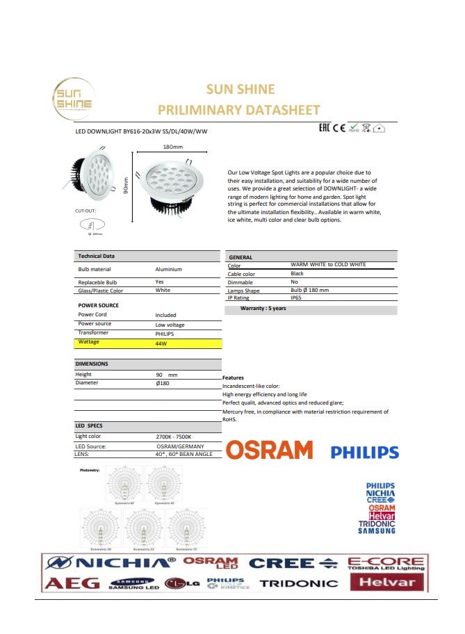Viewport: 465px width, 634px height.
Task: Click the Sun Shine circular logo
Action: pyautogui.click(x=73, y=99)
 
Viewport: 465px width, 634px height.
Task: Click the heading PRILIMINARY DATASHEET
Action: pyautogui.click(x=239, y=110)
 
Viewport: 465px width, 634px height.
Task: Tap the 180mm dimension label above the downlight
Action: pyautogui.click(x=172, y=147)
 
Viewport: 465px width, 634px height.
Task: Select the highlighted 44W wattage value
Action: pyautogui.click(x=161, y=343)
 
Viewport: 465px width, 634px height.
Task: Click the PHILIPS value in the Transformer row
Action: pyautogui.click(x=165, y=334)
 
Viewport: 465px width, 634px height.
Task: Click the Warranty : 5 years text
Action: pyautogui.click(x=263, y=308)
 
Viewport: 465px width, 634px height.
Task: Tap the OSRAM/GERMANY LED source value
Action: pyautogui.click(x=174, y=446)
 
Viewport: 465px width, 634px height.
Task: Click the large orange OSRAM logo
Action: pyautogui.click(x=269, y=450)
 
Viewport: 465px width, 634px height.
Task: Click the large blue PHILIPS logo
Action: pyautogui.click(x=364, y=453)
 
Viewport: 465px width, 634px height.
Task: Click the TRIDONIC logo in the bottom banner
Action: pyautogui.click(x=298, y=583)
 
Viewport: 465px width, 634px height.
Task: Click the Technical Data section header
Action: pyautogui.click(x=97, y=256)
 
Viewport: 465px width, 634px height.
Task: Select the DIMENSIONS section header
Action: pyautogui.click(x=92, y=364)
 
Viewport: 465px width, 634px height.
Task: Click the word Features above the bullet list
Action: pyautogui.click(x=233, y=378)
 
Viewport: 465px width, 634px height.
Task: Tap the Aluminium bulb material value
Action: pyautogui.click(x=168, y=269)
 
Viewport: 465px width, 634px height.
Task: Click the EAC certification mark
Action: pyautogui.click(x=323, y=128)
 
